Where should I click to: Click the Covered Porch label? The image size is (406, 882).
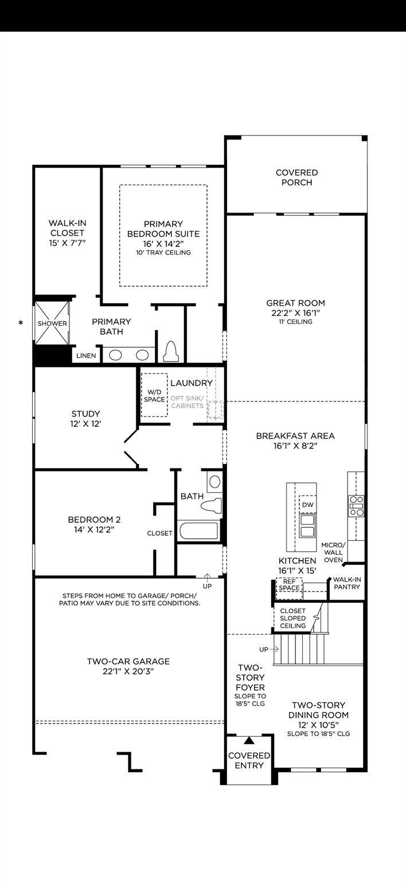296,177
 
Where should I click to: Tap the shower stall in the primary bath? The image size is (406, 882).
52,323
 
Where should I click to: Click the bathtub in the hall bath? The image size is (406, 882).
198,531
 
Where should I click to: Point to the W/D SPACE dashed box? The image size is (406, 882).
154,395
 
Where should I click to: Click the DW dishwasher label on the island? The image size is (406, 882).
307,504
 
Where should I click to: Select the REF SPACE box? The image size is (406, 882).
289,585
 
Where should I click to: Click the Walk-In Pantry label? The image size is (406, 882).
346,583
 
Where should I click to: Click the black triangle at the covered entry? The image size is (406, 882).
249,741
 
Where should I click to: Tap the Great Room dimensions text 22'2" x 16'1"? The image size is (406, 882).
295,313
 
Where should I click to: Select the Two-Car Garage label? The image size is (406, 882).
128,666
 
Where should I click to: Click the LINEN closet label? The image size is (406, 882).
86,355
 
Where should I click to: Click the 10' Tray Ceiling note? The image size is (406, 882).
163,253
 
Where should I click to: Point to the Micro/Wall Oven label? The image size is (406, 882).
333,552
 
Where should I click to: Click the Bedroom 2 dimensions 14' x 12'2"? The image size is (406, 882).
91,530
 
